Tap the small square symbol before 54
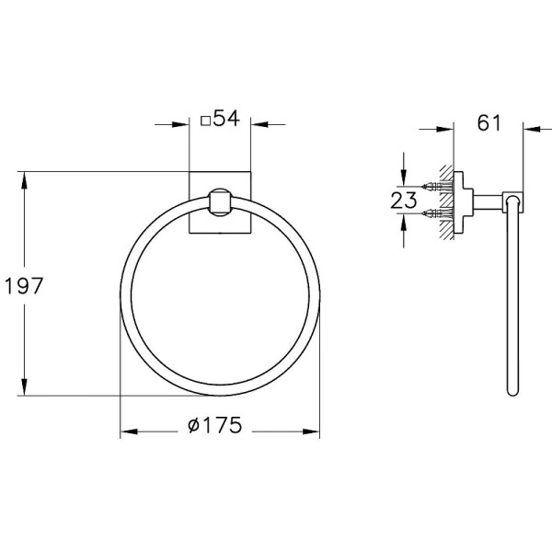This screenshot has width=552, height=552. pyautogui.click(x=204, y=121)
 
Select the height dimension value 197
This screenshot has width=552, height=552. pyautogui.click(x=24, y=285)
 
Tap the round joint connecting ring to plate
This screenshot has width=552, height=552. pyautogui.click(x=221, y=201)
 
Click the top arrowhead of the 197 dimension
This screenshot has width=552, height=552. pyautogui.click(x=25, y=178)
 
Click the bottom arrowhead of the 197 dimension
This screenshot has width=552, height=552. pyautogui.click(x=25, y=390)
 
